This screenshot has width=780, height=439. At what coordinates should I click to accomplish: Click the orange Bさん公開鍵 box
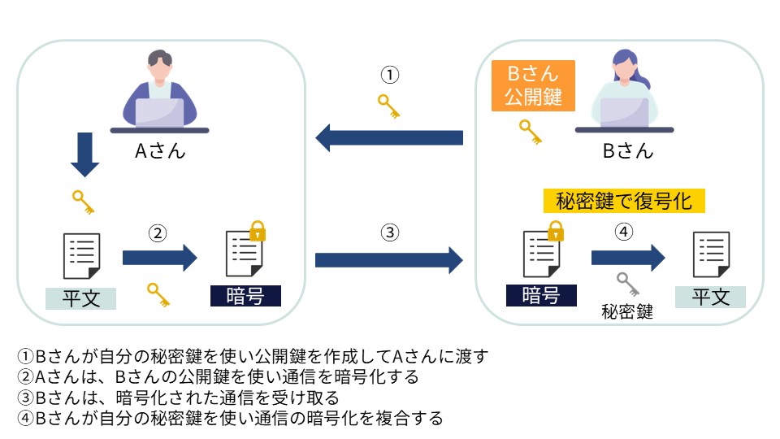tap(533, 85)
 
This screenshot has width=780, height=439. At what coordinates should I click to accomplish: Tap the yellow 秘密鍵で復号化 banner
tap(623, 200)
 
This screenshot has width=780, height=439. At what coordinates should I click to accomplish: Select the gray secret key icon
tap(628, 284)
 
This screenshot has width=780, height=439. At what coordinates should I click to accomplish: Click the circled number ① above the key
tap(390, 76)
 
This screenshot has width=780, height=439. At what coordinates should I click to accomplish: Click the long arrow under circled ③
tap(388, 260)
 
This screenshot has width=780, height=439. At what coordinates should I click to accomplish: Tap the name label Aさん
tap(159, 150)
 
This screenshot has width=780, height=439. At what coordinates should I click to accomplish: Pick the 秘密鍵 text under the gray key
tap(627, 311)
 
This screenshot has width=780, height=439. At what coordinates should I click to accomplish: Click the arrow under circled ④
tap(627, 259)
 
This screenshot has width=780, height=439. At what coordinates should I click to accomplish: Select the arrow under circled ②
tap(159, 259)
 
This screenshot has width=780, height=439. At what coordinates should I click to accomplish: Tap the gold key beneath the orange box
tap(530, 132)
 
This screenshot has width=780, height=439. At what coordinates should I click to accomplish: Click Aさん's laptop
tap(159, 111)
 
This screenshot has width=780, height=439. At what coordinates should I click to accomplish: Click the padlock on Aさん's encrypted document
tap(257, 230)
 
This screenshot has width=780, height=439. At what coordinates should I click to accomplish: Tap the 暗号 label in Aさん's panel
tap(245, 296)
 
